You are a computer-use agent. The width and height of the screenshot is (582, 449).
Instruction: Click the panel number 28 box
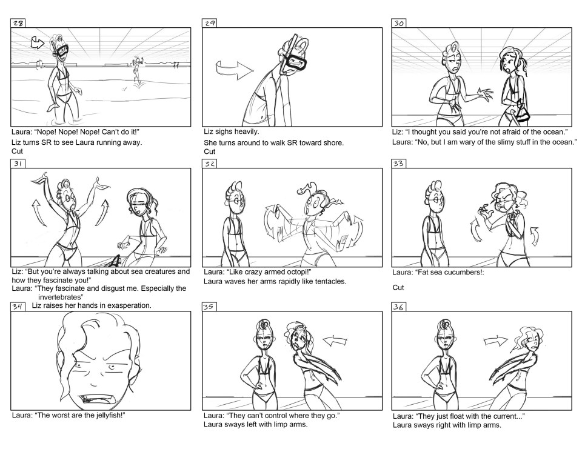(18, 24)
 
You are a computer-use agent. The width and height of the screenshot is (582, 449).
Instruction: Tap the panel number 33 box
(399, 164)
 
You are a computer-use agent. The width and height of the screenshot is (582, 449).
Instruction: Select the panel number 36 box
(399, 307)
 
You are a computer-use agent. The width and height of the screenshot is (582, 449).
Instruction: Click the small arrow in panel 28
(38, 43)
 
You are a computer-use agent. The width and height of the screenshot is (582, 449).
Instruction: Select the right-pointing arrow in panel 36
(495, 341)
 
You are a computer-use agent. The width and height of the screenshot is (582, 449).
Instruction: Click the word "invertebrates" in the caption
(59, 297)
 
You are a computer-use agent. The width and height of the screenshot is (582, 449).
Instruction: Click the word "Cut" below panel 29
(209, 151)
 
